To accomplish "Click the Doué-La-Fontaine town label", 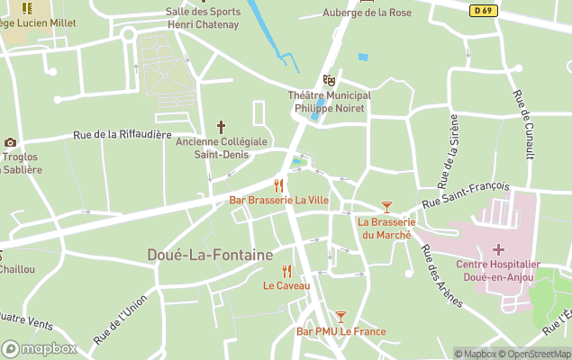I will [210, 256].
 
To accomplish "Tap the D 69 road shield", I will [482, 10].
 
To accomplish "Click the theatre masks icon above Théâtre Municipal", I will [329, 80].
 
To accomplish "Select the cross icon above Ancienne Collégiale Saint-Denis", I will [221, 127].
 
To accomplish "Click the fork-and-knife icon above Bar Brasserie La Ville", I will [278, 185].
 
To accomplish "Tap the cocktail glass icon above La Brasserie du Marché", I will [386, 207].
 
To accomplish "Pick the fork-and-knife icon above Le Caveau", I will [286, 271].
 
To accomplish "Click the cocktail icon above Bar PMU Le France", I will [340, 316].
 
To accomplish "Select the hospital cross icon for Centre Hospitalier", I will [497, 248].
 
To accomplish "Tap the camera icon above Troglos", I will [10, 142].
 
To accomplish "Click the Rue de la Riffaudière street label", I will [122, 135].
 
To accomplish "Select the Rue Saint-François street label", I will [466, 196].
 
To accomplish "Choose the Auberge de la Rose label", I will [367, 13].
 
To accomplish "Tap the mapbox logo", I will [39, 348].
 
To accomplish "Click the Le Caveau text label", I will [286, 286].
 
